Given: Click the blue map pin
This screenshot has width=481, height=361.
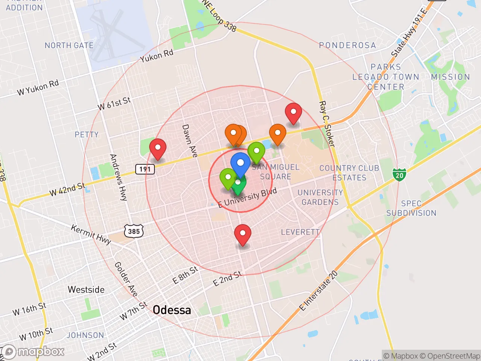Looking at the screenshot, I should [x=240, y=163].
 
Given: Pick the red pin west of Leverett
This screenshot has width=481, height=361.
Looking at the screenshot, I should [x=243, y=234].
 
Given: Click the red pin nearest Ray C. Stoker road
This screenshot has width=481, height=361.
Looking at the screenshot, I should [x=293, y=112].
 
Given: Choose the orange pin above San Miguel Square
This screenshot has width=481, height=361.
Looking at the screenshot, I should [x=277, y=133].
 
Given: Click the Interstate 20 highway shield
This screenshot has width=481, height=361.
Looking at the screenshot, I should [x=399, y=175].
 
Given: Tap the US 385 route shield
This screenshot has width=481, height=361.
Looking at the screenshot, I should [x=134, y=231].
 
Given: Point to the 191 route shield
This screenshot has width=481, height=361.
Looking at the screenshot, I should [x=145, y=169].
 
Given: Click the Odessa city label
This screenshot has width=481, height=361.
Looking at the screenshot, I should [x=172, y=310].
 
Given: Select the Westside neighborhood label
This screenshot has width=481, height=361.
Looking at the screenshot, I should [x=86, y=290].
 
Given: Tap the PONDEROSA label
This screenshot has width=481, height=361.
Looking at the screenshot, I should [x=347, y=46].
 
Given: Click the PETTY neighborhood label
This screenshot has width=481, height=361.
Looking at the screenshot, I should [x=86, y=135].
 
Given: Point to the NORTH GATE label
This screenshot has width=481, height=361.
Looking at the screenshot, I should [x=69, y=46].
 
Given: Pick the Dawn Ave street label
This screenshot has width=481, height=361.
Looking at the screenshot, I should [x=189, y=141].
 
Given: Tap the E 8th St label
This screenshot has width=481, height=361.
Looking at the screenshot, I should [x=185, y=275].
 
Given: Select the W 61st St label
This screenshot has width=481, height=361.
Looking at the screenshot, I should [x=114, y=103].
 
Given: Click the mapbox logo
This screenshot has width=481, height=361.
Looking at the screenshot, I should [x=34, y=352].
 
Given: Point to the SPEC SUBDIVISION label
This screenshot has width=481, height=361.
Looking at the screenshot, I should [x=411, y=208].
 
